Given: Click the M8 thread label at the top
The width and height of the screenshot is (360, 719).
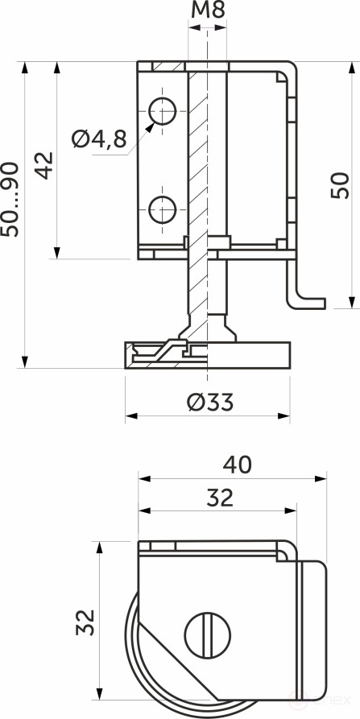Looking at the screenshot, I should click(207, 10).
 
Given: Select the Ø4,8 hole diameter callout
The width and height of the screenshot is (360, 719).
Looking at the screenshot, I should click(99, 138).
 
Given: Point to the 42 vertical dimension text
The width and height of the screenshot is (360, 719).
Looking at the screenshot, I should click(44, 165).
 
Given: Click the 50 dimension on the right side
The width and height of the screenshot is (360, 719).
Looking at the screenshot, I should click(340, 185).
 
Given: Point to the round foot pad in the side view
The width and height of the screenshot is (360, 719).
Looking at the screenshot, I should click(207, 354).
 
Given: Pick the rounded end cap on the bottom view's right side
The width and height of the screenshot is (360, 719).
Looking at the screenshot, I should click(313, 628).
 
